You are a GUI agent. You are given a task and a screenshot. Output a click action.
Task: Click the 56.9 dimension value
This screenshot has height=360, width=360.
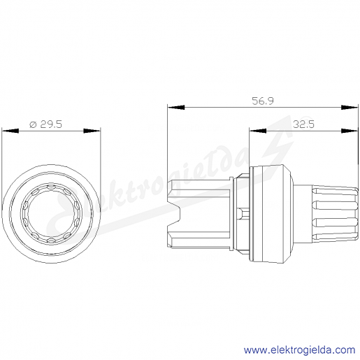(x=263, y=101)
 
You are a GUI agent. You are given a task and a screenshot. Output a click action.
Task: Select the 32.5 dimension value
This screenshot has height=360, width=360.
(x=303, y=124)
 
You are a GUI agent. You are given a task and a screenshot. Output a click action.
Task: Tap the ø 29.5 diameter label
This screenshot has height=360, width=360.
(x=46, y=124)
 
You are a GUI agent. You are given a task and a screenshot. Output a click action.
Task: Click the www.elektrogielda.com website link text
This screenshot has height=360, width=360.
(x=300, y=350)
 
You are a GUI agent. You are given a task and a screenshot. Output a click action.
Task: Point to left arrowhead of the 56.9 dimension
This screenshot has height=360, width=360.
(x=176, y=107)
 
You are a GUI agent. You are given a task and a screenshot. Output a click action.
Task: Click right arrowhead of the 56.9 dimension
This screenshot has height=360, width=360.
(x=350, y=107)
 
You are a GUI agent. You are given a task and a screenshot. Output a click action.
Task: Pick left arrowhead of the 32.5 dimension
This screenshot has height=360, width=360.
(x=258, y=131)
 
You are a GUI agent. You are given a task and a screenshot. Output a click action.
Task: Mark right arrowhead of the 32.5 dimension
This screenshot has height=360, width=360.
(x=350, y=131)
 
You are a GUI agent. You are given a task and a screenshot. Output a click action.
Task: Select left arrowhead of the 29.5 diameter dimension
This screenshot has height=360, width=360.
(x=10, y=131)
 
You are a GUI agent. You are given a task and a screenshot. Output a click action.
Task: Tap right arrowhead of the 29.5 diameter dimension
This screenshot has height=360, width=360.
(x=92, y=131)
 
